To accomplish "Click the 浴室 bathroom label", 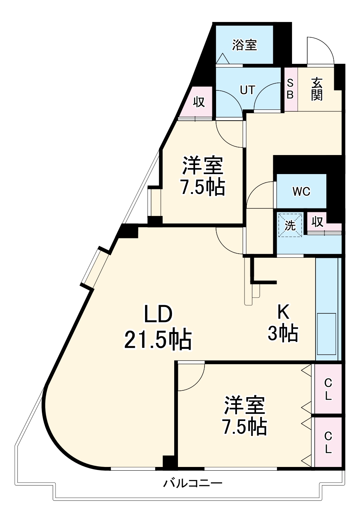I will [244, 45].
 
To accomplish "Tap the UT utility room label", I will [247, 90].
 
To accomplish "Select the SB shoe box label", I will [290, 89].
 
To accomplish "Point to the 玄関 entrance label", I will [317, 89].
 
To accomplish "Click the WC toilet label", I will [301, 191].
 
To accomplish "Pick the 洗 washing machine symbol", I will [290, 225].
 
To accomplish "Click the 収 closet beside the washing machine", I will [317, 222].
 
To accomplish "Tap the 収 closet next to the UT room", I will [199, 102].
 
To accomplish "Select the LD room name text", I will [158, 314].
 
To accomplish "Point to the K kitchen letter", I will [283, 312].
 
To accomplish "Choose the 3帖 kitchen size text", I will [283, 333].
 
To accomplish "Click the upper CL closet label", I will [328, 389].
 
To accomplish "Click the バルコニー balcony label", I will [193, 483].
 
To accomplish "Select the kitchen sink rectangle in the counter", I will [326, 334].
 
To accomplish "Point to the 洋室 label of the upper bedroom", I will [203, 165].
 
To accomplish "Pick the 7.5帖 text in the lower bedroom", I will [245, 427].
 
